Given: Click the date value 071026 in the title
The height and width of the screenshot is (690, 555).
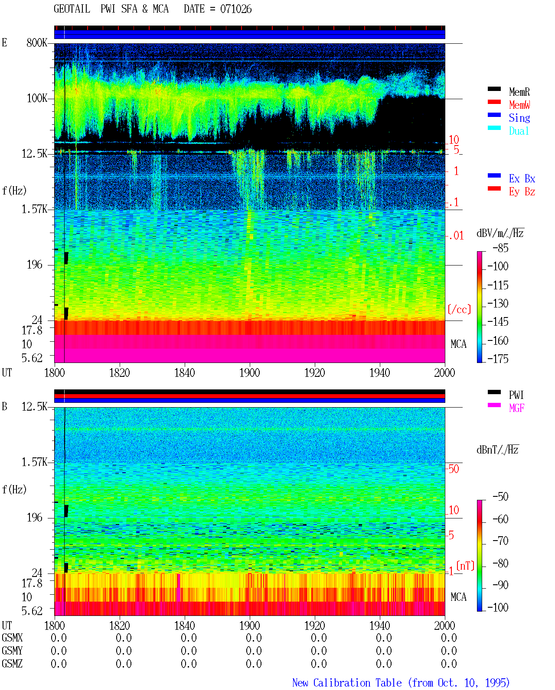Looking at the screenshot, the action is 235,9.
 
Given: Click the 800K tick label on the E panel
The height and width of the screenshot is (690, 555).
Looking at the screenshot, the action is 37,42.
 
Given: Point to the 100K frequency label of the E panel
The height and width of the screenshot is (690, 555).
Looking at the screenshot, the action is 37,98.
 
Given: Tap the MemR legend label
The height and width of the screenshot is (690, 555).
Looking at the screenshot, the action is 519,92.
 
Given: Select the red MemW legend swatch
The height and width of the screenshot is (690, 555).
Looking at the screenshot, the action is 494,102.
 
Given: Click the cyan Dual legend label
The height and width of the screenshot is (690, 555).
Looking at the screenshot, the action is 519,131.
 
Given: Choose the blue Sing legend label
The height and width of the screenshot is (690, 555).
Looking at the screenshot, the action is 519,118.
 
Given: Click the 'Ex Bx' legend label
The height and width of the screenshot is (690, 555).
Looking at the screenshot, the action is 522,178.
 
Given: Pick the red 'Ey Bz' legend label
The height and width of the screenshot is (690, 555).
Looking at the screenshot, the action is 522,192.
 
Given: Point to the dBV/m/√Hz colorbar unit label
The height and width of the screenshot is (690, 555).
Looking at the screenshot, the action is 500,233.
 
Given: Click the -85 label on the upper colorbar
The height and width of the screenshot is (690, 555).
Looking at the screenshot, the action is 500,248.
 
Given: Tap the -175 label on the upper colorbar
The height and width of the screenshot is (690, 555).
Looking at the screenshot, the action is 498,359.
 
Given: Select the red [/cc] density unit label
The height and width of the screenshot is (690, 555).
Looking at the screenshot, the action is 459,309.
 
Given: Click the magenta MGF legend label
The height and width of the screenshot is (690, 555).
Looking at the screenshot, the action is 516,408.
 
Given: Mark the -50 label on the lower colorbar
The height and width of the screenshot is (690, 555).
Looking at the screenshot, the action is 500,497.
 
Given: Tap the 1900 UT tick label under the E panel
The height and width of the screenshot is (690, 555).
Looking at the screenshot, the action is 249,373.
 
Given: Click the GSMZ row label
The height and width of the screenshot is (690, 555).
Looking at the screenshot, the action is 12,664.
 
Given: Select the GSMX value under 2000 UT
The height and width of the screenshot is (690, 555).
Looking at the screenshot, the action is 449,638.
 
